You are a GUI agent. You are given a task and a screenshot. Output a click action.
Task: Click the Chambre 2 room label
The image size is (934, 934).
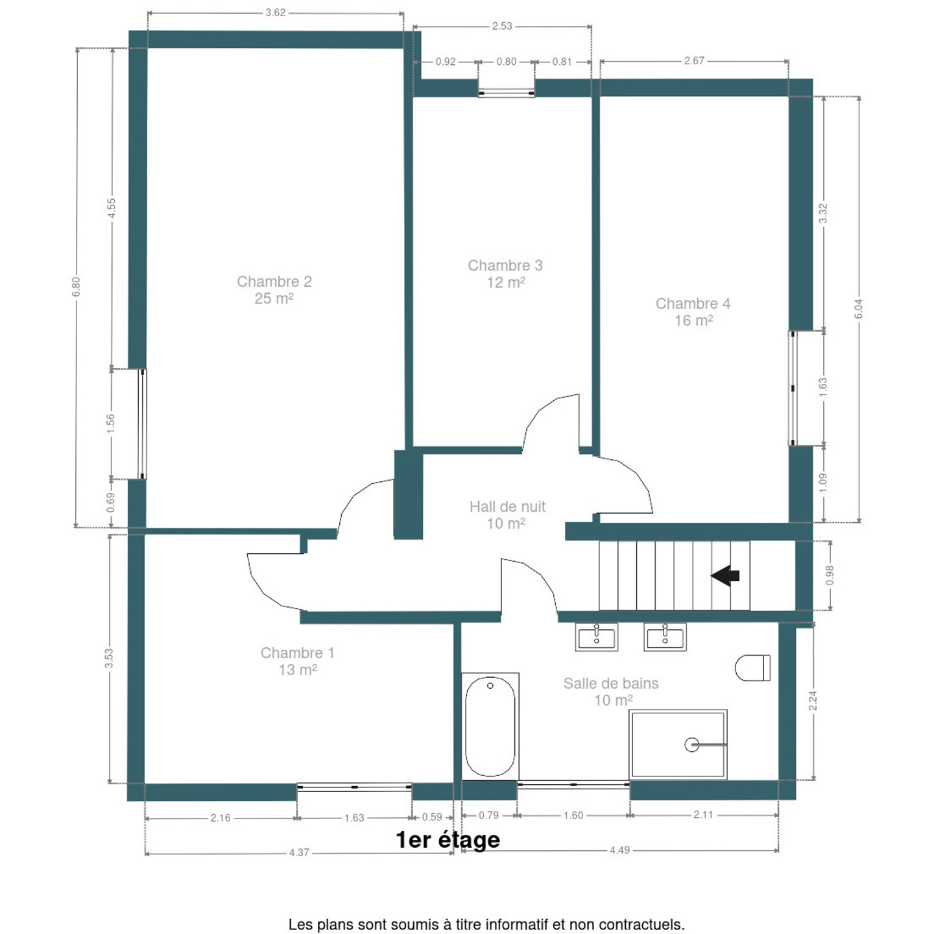coord(274,290)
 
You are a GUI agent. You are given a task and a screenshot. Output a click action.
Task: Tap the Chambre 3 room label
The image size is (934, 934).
coord(505,274)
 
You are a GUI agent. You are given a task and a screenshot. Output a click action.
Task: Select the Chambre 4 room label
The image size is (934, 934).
coord(693,311)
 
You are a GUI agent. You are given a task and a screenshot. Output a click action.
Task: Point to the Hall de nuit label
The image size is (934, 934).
coord(507,515)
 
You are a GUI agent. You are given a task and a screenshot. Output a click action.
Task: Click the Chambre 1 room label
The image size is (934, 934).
coord(298,661)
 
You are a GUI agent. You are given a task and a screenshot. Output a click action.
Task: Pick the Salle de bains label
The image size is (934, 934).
coord(611,691)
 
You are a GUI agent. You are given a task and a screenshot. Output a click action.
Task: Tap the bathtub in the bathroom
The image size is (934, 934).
coord(490,726)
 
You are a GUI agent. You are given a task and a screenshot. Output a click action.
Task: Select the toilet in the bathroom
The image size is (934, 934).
coord(752,667)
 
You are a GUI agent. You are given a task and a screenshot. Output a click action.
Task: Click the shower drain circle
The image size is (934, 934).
coord(691,745)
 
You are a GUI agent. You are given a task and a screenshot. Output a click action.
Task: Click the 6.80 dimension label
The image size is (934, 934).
coord(76,287)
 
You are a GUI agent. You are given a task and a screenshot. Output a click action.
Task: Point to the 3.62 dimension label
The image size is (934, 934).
coord(275,12)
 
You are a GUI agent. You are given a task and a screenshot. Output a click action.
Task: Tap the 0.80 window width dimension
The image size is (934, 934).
coord(507,62)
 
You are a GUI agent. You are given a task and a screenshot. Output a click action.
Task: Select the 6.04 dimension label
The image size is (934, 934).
coord(858,309)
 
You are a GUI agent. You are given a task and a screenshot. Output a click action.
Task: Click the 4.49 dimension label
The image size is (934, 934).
coord(619,850)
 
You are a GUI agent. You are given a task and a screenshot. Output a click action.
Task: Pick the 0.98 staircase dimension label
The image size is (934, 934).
coord(830,575)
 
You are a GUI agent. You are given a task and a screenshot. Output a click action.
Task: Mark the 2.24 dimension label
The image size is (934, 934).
coord(813,700)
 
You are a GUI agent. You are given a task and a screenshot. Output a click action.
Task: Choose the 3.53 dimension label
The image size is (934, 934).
coord(109,658)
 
